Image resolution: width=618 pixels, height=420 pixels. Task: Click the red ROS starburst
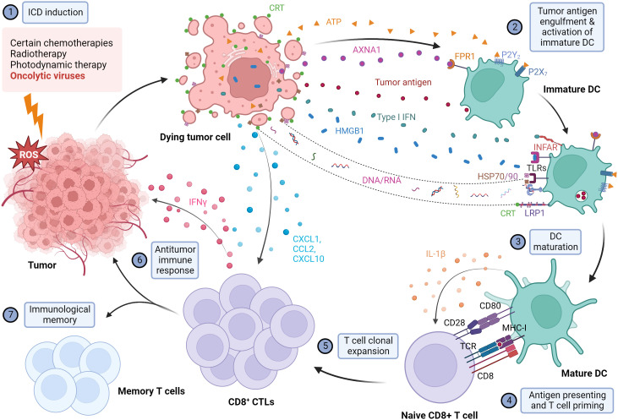[28, 154]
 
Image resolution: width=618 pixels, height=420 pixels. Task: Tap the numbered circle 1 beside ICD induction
[11, 12]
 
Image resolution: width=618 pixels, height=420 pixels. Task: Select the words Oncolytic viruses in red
[47, 76]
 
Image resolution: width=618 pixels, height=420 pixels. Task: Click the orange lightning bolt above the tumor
[35, 114]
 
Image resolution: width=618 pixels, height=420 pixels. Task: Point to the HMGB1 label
[349, 131]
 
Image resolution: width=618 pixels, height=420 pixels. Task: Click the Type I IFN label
[397, 117]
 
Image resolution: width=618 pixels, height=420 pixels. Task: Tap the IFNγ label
[198, 202]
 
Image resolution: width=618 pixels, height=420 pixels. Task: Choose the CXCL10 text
[309, 259]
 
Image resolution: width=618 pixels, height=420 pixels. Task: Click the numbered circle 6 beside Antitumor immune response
[139, 260]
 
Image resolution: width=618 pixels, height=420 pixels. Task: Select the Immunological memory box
[59, 314]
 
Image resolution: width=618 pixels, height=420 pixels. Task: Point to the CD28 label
[455, 323]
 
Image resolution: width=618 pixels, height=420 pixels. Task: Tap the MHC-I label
[514, 328]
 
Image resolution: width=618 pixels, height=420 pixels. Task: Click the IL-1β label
[435, 254]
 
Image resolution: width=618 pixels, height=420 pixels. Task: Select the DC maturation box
[555, 242]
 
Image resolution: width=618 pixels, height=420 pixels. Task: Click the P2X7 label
[538, 72]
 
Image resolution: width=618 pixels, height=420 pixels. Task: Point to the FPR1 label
[465, 57]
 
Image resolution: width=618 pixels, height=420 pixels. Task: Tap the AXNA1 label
[367, 50]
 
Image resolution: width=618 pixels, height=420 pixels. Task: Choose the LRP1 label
[534, 213]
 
